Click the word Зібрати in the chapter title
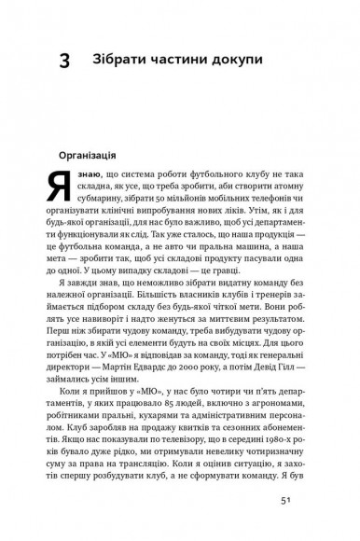point(121,62)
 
